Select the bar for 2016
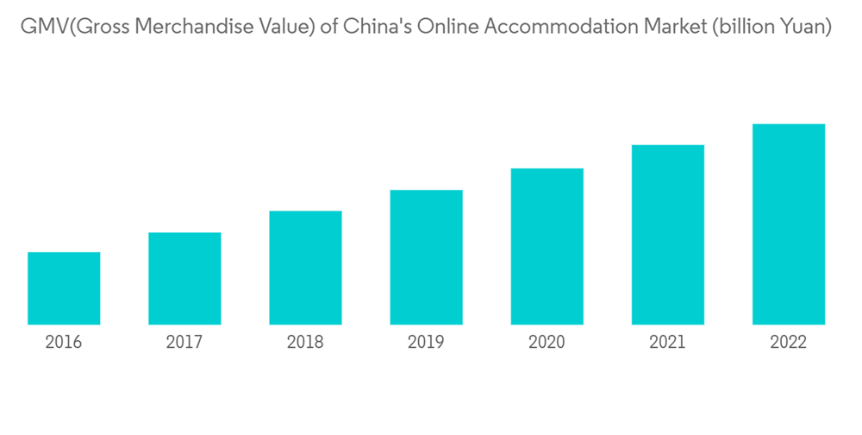coord(64,288)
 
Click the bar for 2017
coord(184,278)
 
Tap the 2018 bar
coord(305,268)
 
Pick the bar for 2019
coord(426,257)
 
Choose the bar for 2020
coord(547,246)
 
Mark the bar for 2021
coord(667,235)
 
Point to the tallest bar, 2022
coord(788,224)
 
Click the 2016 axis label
coord(64,344)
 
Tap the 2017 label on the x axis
coord(184,344)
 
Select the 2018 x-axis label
coord(305,344)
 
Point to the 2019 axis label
coord(426,344)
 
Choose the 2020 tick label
coord(547,344)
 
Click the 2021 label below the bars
coord(667,344)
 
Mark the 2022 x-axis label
coord(788,344)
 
